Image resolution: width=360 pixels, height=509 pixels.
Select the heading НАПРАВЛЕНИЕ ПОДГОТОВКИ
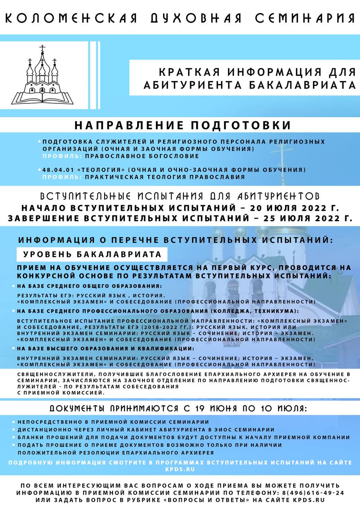pos(183,125)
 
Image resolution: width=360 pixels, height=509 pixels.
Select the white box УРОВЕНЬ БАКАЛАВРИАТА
pos(92,254)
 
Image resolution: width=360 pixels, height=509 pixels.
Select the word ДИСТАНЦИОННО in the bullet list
pos(41,429)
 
